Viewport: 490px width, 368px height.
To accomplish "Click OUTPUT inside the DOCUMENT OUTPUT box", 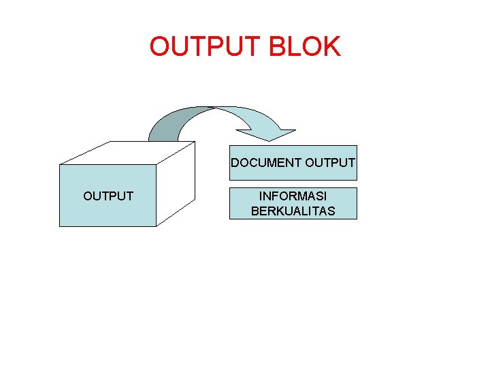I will (x=330, y=163).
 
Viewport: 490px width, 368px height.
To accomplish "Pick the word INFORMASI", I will (x=293, y=196).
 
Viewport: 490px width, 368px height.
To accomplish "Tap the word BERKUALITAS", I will (x=293, y=211).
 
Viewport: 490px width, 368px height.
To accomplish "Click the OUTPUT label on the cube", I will (x=108, y=196).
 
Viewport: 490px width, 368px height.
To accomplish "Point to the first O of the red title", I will (x=161, y=47).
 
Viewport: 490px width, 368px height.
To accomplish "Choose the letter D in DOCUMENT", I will (x=235, y=163).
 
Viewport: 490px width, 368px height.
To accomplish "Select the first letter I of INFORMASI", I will (x=261, y=196).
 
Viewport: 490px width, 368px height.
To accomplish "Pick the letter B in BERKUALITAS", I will (x=255, y=211).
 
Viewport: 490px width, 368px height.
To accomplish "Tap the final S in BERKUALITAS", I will (x=331, y=211).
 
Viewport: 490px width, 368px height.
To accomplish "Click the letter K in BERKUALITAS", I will (x=279, y=211).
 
